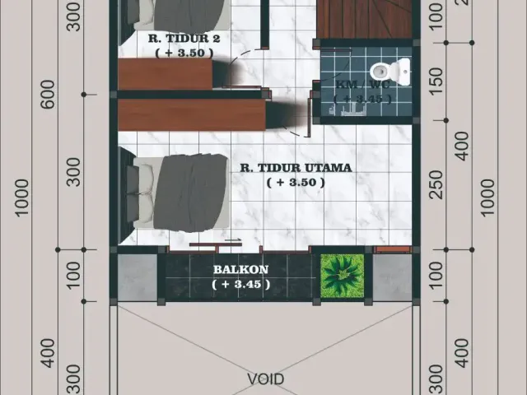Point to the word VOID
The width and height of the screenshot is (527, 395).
pyautogui.click(x=265, y=379)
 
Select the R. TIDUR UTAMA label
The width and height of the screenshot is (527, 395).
pyautogui.click(x=296, y=168)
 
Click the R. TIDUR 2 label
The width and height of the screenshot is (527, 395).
pyautogui.click(x=184, y=38)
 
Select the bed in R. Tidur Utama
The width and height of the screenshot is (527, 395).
pyautogui.click(x=181, y=191)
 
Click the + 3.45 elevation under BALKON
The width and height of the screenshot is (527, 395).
pyautogui.click(x=240, y=284)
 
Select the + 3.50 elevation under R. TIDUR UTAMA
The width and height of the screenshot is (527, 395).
pyautogui.click(x=296, y=182)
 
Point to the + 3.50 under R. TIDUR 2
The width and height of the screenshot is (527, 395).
pyautogui.click(x=184, y=52)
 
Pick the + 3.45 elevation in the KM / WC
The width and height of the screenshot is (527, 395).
pyautogui.click(x=363, y=99)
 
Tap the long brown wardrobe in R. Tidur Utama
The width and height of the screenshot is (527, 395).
pyautogui.click(x=191, y=114)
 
